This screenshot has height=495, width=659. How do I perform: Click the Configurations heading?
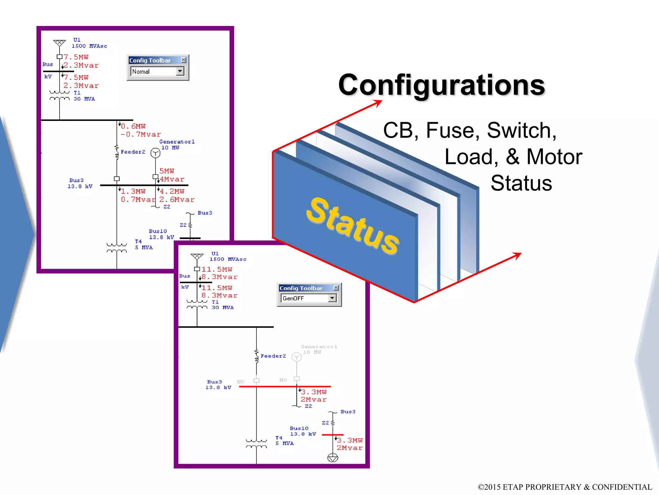(x=441, y=85)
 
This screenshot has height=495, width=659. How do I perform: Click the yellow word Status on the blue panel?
(x=352, y=225)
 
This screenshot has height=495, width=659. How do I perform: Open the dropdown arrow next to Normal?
(x=180, y=71)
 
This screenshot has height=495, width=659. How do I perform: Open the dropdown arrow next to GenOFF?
(x=332, y=298)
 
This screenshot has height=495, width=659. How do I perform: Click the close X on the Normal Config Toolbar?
(x=183, y=60)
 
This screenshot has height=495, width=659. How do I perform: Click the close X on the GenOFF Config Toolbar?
(x=336, y=288)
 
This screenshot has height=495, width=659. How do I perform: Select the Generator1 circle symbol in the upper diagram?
(x=155, y=153)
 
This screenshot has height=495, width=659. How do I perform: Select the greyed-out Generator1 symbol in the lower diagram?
(x=297, y=357)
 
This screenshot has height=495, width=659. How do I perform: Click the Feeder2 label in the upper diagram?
(x=133, y=152)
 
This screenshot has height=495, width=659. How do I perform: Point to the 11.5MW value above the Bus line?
(x=217, y=269)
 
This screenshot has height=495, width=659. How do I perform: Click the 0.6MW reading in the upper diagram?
(x=133, y=126)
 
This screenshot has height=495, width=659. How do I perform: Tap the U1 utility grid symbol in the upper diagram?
(x=60, y=43)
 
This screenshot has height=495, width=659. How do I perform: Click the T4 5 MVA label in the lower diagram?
(x=284, y=441)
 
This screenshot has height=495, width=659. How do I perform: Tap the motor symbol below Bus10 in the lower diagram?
(x=333, y=458)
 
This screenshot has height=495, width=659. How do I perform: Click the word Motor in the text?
(x=554, y=157)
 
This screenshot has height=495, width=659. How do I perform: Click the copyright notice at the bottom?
(x=565, y=487)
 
